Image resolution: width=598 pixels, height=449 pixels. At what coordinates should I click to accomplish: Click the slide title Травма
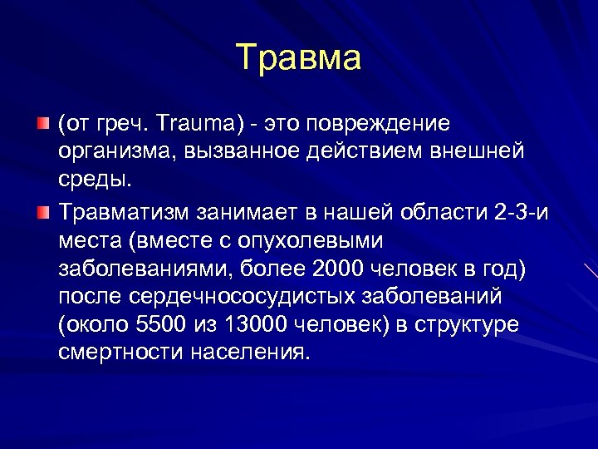pyautogui.click(x=299, y=58)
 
